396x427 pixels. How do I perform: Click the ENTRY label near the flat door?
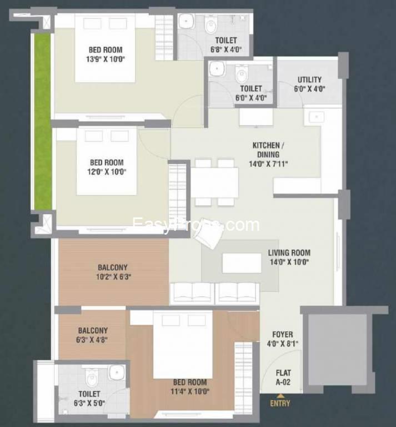pos(280,403)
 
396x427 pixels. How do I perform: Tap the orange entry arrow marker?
pos(280,396)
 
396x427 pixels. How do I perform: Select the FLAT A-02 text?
pos(283,378)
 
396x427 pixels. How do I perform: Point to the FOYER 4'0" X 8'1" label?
pos(283,339)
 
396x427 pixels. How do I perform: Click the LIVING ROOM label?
pos(289,253)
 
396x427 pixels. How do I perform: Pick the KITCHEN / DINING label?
pos(268,150)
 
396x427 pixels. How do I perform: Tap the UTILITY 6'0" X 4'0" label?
pos(309,84)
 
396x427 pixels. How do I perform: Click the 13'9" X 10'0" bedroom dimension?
pos(106,59)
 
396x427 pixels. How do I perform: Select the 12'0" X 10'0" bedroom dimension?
pos(107,172)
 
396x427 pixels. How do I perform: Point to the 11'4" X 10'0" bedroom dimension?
pos(190,391)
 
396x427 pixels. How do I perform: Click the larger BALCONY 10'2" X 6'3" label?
pos(114,272)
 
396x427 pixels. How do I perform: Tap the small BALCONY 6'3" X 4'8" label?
pos(93,335)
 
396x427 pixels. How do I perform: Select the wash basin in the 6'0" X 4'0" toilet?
pos(217,68)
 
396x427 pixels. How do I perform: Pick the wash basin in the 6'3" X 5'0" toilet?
pos(117,373)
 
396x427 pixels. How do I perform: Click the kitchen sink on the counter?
pos(317,117)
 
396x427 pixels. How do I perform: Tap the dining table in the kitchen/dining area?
pos(214,183)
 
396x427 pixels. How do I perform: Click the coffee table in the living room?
pos(242,263)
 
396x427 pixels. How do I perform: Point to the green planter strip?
pos(42,121)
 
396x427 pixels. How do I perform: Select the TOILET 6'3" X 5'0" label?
pos(89,399)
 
